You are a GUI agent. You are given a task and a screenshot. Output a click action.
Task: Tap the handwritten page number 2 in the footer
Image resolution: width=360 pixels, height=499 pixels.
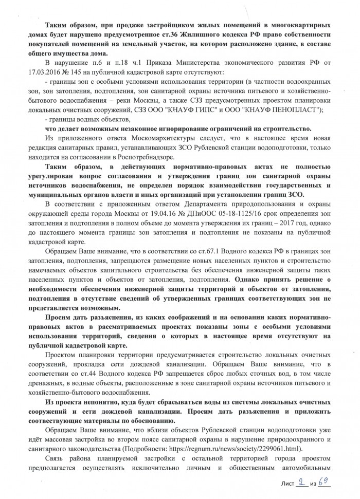coord(302,482)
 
